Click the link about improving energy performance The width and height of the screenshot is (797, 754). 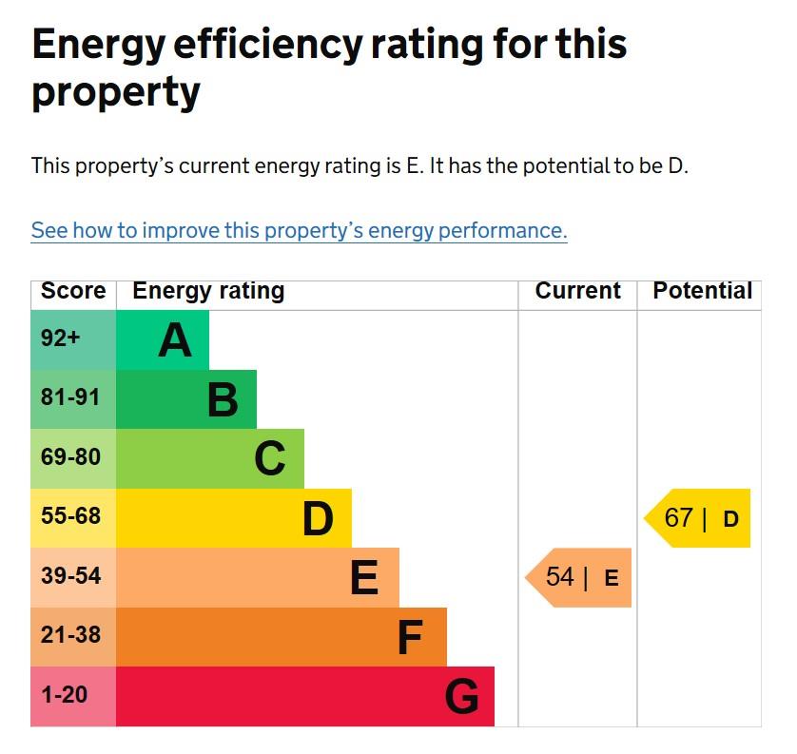coord(299,230)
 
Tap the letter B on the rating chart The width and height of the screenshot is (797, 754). coord(222,399)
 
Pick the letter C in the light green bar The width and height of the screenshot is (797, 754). coord(269,459)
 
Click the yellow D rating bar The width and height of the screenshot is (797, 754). coord(234,518)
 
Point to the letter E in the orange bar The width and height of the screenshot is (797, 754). coord(364,577)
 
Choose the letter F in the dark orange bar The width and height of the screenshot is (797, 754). coord(409,637)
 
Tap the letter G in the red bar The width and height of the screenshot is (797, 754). coord(461,697)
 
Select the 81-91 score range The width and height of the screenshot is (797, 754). coord(70,397)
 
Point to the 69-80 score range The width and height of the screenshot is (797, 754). coord(70,457)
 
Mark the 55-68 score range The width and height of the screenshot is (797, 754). coord(70,516)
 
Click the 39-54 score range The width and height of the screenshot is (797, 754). coord(70,576)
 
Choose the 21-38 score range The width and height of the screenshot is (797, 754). coord(70,635)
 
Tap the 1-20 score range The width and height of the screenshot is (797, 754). coord(65,695)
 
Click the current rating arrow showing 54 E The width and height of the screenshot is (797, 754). coord(579,577)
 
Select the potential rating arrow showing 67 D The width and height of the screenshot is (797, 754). coord(699,518)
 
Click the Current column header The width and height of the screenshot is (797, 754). coord(577,291)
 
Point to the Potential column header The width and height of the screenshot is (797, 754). coord(702,291)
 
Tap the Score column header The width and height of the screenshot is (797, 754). coord(73,291)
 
